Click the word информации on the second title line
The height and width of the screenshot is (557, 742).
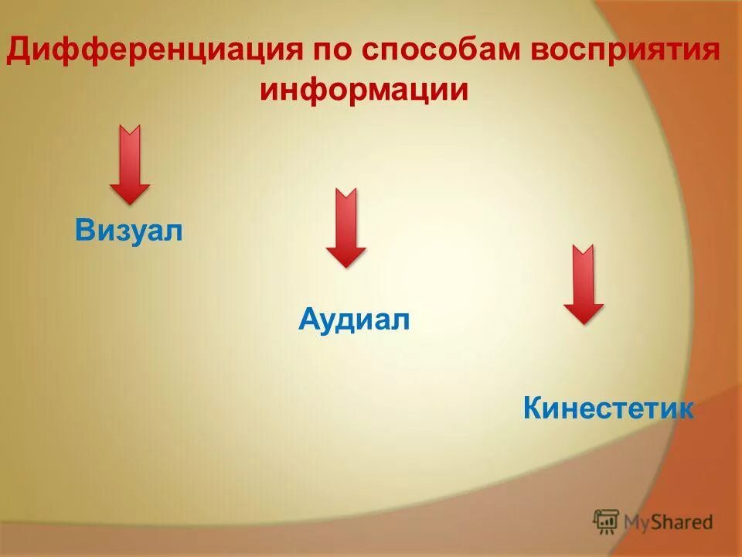point(364,90)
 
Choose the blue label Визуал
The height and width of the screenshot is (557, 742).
point(129,230)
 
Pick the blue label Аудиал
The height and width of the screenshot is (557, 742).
point(353,319)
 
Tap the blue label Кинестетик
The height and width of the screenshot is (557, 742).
point(608,408)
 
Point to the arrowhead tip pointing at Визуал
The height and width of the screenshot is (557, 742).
point(129,201)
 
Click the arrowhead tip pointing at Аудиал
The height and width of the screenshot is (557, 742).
point(345,265)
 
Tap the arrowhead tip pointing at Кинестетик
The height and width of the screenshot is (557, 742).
point(583,321)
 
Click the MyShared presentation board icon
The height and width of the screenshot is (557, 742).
point(606,521)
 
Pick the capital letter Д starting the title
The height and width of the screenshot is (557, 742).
point(20,51)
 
